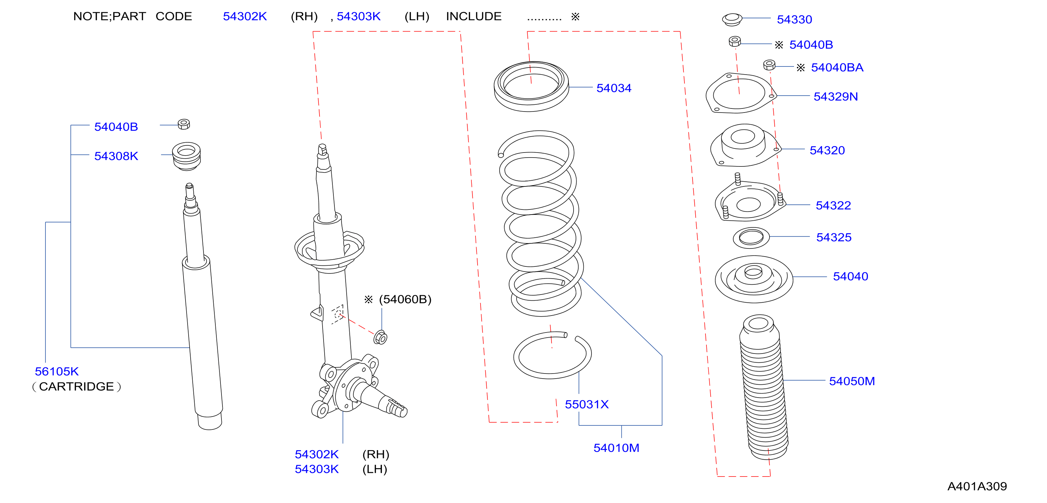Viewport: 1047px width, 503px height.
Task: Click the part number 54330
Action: pyautogui.click(x=794, y=20)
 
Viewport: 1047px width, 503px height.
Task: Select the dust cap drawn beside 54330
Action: pyautogui.click(x=732, y=19)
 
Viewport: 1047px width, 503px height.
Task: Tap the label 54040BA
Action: pyautogui.click(x=837, y=67)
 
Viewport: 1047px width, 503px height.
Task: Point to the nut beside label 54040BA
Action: pyautogui.click(x=769, y=65)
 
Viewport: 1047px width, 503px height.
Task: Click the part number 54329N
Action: pyautogui.click(x=835, y=97)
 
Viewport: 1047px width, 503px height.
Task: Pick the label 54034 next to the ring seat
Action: pyautogui.click(x=614, y=88)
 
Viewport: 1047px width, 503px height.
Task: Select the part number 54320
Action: pyautogui.click(x=827, y=150)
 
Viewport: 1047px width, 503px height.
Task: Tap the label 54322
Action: pyautogui.click(x=833, y=206)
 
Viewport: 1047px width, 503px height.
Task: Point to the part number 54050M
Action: pyautogui.click(x=852, y=381)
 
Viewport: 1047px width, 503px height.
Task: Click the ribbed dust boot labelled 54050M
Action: pyautogui.click(x=764, y=387)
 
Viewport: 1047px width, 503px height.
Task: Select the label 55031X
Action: pyautogui.click(x=586, y=404)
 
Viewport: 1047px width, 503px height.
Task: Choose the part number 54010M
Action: pyautogui.click(x=616, y=448)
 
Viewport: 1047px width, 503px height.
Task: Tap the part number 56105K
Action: pyautogui.click(x=57, y=371)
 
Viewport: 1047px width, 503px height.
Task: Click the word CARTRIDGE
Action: pyautogui.click(x=76, y=386)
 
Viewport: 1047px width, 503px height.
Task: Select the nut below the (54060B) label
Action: pyautogui.click(x=381, y=337)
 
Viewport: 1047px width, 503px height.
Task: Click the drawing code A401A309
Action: pyautogui.click(x=977, y=486)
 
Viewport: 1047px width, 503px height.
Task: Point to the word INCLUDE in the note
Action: pyautogui.click(x=473, y=16)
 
